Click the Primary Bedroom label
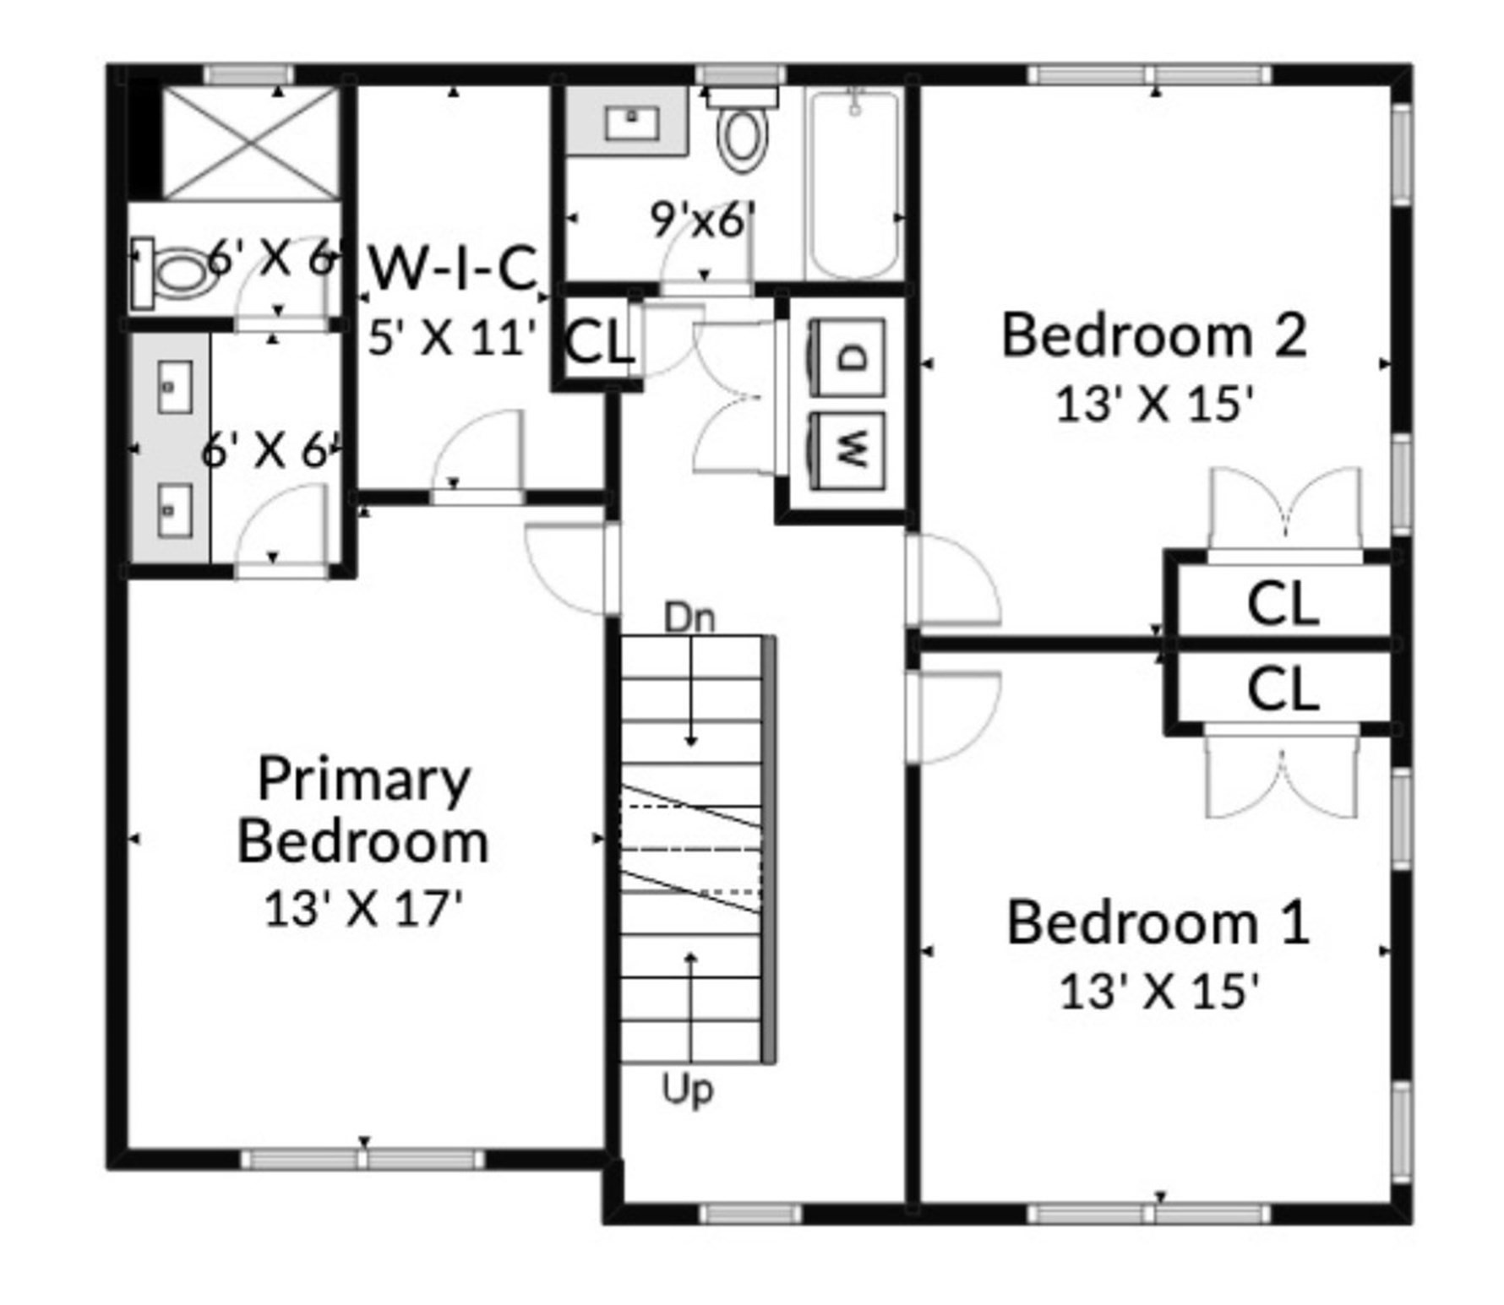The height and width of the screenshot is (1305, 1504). pos(363,811)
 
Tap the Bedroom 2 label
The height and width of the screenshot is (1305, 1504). pos(1153,336)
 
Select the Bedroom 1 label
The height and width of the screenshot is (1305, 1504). pos(1158,922)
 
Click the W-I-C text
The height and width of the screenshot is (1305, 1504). pos(454,269)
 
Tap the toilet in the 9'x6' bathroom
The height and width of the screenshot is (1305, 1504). pos(743,135)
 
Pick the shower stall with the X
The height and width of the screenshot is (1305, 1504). pos(250,144)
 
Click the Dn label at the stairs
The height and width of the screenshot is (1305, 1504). pos(689,617)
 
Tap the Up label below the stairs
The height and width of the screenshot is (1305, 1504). pos(687,1090)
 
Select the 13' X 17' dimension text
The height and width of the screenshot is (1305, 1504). pos(363,910)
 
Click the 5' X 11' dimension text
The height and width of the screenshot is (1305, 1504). pos(452,338)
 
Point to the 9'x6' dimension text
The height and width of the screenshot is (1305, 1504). pos(701,220)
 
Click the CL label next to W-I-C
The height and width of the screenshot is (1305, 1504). pos(597,342)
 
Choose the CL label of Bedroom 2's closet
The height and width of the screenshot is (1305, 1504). pos(1282,604)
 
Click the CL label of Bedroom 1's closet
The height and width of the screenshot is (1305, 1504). pos(1282,688)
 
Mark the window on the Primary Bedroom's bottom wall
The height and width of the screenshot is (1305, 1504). pos(363,1159)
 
